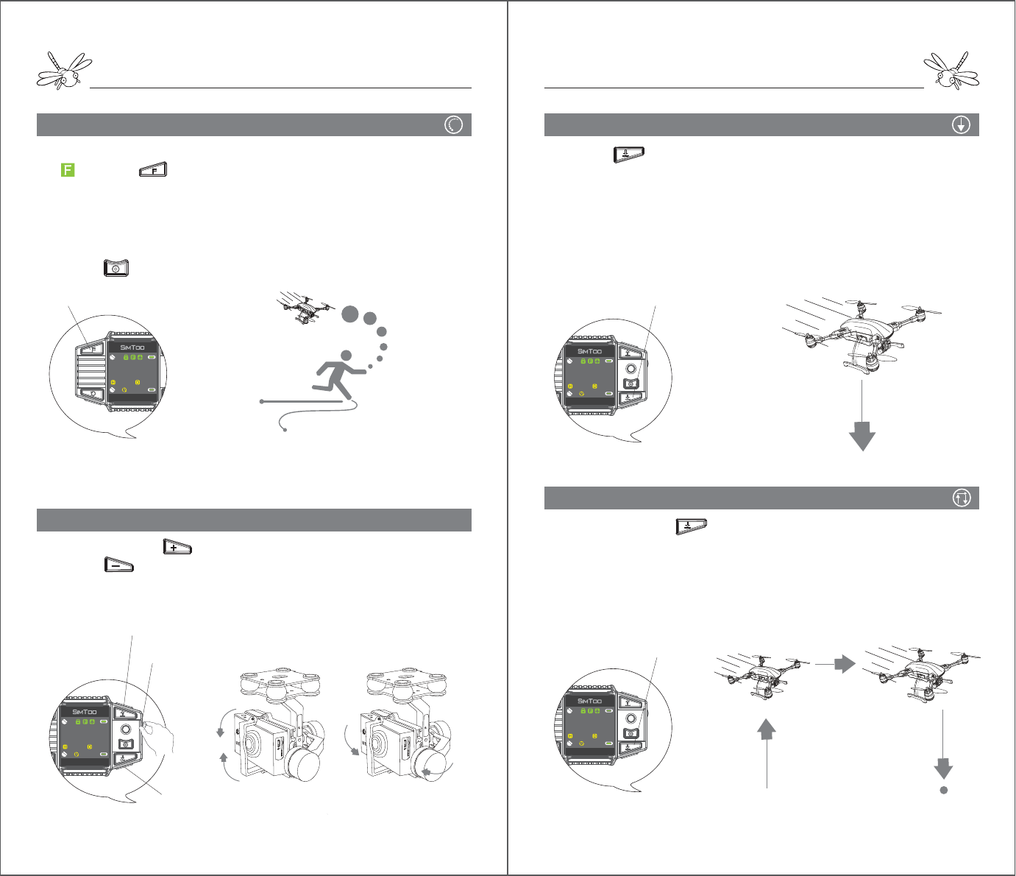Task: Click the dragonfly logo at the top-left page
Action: point(64,71)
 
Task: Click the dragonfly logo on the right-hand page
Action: point(951,71)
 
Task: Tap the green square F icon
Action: point(67,170)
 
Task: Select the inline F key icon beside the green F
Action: point(153,170)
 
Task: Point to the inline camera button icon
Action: point(116,268)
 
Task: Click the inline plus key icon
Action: point(177,547)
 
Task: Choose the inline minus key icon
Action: point(118,565)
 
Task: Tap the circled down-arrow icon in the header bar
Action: point(961,125)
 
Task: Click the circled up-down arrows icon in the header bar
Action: point(961,498)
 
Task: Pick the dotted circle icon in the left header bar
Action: point(454,125)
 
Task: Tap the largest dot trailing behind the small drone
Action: point(350,314)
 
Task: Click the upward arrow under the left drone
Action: point(767,729)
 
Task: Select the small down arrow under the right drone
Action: point(943,769)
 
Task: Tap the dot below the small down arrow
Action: point(943,791)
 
